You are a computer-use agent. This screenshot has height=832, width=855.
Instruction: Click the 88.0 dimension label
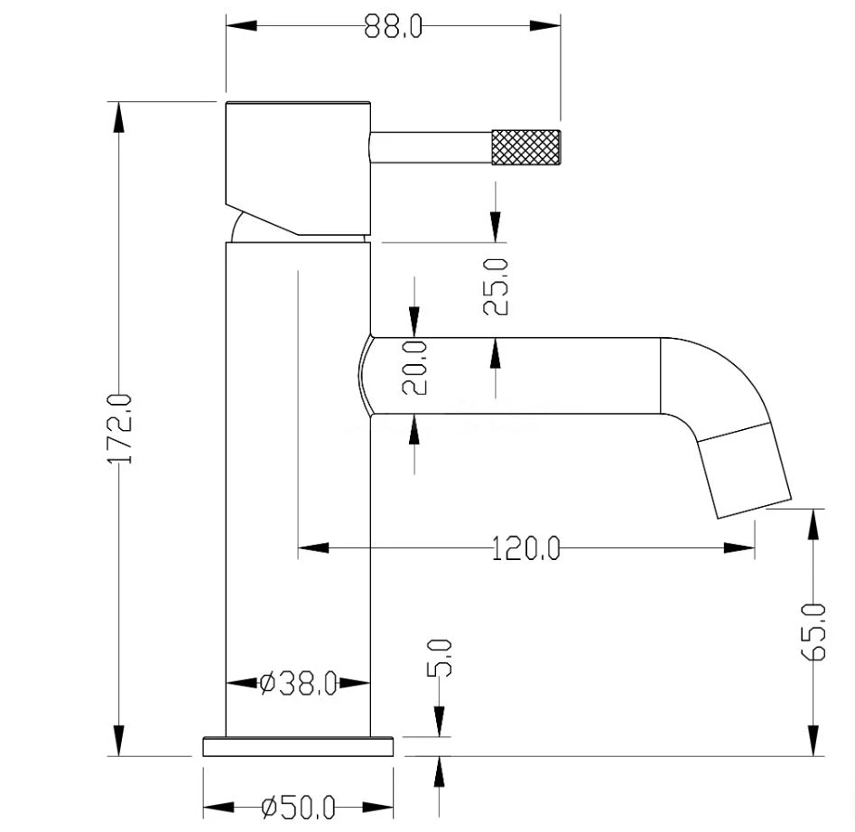[x=393, y=26]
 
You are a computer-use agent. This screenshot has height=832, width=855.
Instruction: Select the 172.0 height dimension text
[x=120, y=429]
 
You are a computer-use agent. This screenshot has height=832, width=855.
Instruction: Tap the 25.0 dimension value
[x=496, y=286]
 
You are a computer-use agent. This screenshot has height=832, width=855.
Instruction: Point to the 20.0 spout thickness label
[x=414, y=368]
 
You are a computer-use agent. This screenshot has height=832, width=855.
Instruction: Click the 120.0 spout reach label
[x=525, y=548]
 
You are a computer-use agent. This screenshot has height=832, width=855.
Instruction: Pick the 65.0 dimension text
[x=813, y=631]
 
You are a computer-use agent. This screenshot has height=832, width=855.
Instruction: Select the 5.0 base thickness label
[x=440, y=658]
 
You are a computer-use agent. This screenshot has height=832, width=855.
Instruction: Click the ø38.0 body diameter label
[x=298, y=684]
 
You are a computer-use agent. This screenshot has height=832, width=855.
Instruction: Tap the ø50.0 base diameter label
[x=298, y=808]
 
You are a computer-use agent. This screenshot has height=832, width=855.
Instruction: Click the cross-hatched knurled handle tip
[x=526, y=146]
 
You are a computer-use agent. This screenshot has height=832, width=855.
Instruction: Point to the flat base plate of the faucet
[x=298, y=747]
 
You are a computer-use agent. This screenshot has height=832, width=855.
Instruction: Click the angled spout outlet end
[x=745, y=471]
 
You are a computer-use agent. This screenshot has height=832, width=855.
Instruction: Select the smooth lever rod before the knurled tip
[x=431, y=147]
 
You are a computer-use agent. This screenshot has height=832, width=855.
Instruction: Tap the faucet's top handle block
[x=298, y=169]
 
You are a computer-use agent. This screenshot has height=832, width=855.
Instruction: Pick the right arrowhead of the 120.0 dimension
[x=739, y=547]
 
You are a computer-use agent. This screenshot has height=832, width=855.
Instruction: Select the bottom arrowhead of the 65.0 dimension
[x=813, y=741]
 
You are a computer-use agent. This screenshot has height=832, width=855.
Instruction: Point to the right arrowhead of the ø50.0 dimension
[x=378, y=808]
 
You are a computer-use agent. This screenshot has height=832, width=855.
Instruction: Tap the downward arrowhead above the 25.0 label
[x=496, y=227]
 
